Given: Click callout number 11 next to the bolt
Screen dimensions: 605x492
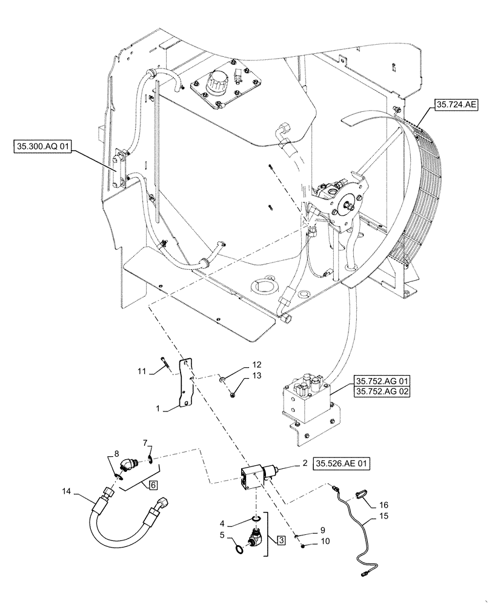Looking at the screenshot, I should click(x=141, y=371).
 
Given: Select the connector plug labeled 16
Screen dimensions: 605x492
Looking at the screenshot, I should click(x=361, y=494).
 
